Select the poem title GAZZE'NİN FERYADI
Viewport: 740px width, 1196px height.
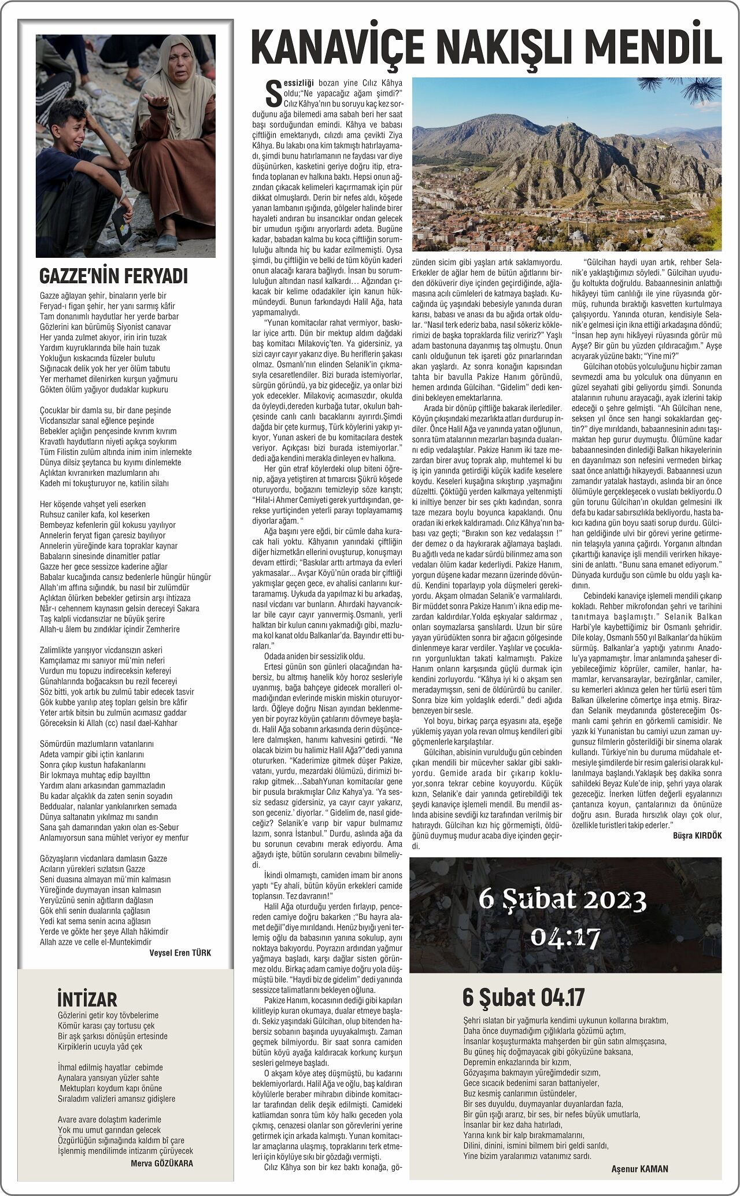pyautogui.click(x=113, y=276)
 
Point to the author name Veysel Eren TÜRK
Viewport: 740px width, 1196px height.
pyautogui.click(x=180, y=953)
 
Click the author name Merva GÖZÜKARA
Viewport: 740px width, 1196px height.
pyautogui.click(x=162, y=1163)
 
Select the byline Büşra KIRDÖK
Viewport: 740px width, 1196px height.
pyautogui.click(x=697, y=836)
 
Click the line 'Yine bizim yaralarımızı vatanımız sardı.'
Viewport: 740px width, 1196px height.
pyautogui.click(x=527, y=1156)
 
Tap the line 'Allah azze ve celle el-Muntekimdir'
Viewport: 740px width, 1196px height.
pyautogui.click(x=95, y=942)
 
